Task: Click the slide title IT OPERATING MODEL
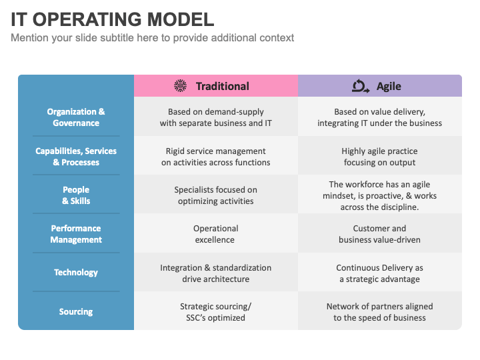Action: [113, 19]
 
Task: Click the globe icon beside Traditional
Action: [180, 86]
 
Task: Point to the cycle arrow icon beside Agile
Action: [361, 86]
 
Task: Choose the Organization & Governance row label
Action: [76, 117]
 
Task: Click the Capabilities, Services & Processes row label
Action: [76, 157]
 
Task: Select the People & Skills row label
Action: [76, 195]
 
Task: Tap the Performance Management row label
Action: [76, 234]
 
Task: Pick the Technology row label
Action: [76, 273]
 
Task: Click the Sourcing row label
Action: [76, 311]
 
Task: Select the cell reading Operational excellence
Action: [216, 234]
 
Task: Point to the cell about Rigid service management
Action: [216, 157]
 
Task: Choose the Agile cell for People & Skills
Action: [379, 195]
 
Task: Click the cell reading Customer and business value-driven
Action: [379, 234]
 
